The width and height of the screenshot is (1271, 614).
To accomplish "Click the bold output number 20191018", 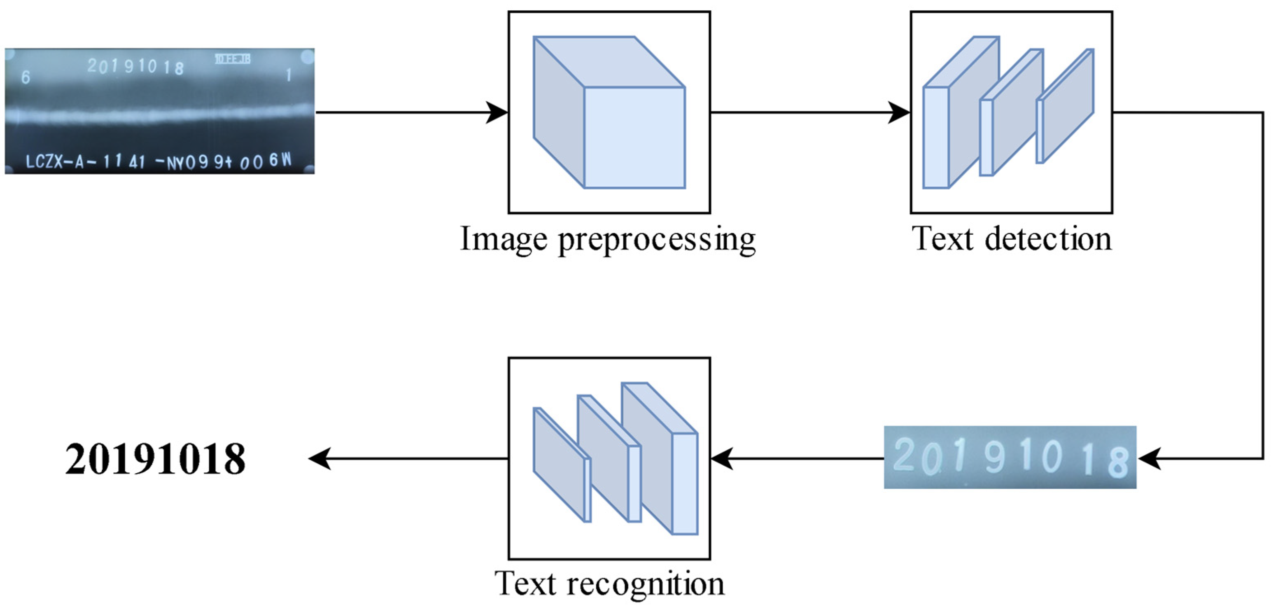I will pyautogui.click(x=155, y=460).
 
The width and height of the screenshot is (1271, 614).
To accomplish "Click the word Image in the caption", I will pyautogui.click(x=503, y=240).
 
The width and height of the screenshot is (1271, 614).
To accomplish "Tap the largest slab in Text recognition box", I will pyautogui.click(x=659, y=459).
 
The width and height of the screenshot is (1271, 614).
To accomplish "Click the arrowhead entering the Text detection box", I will pyautogui.click(x=899, y=112).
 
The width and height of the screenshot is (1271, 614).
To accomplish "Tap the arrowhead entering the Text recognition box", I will pyautogui.click(x=721, y=459).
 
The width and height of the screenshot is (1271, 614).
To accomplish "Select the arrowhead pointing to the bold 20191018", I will pyautogui.click(x=320, y=459).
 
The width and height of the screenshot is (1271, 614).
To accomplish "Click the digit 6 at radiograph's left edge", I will pyautogui.click(x=26, y=77).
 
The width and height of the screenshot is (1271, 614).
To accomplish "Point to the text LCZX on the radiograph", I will pyautogui.click(x=44, y=161).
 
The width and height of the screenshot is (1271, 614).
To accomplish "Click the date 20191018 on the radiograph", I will pyautogui.click(x=136, y=66).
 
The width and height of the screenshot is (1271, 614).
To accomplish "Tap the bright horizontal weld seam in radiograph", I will pyautogui.click(x=163, y=114).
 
